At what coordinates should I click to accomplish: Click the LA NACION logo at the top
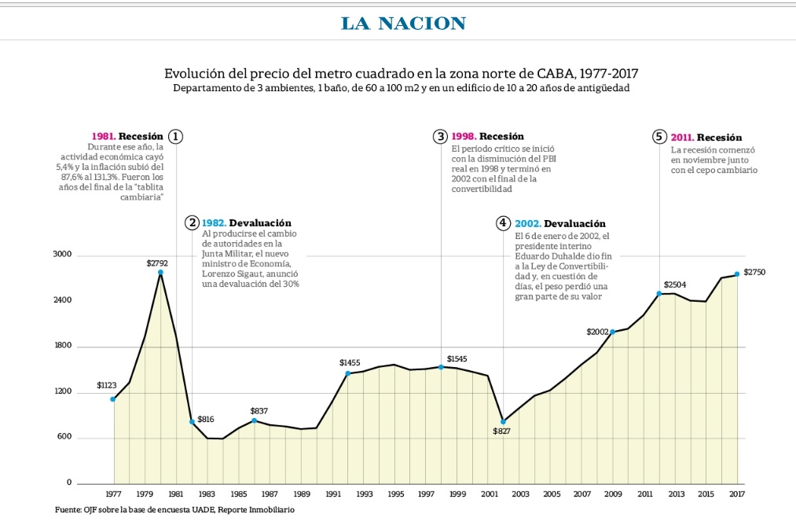404,24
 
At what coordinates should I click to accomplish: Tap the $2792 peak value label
157,263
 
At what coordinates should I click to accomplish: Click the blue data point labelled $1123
112,399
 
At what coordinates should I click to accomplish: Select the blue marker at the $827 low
503,421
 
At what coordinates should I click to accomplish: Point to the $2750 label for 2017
754,272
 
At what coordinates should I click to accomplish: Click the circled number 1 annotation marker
176,137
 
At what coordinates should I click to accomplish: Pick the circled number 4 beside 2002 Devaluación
503,223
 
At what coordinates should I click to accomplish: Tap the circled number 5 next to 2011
659,137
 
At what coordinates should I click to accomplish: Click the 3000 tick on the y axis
62,254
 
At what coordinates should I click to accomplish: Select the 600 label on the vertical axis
64,437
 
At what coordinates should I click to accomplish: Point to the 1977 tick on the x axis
113,493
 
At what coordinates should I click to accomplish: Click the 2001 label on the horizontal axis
489,493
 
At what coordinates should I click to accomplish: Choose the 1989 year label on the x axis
302,493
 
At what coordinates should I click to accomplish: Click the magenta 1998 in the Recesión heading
464,136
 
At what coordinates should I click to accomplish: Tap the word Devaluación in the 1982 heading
260,223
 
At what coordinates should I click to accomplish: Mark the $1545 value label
457,358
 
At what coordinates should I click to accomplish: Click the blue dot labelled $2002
613,332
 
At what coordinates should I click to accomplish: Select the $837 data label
259,411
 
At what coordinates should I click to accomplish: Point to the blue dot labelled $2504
659,294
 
